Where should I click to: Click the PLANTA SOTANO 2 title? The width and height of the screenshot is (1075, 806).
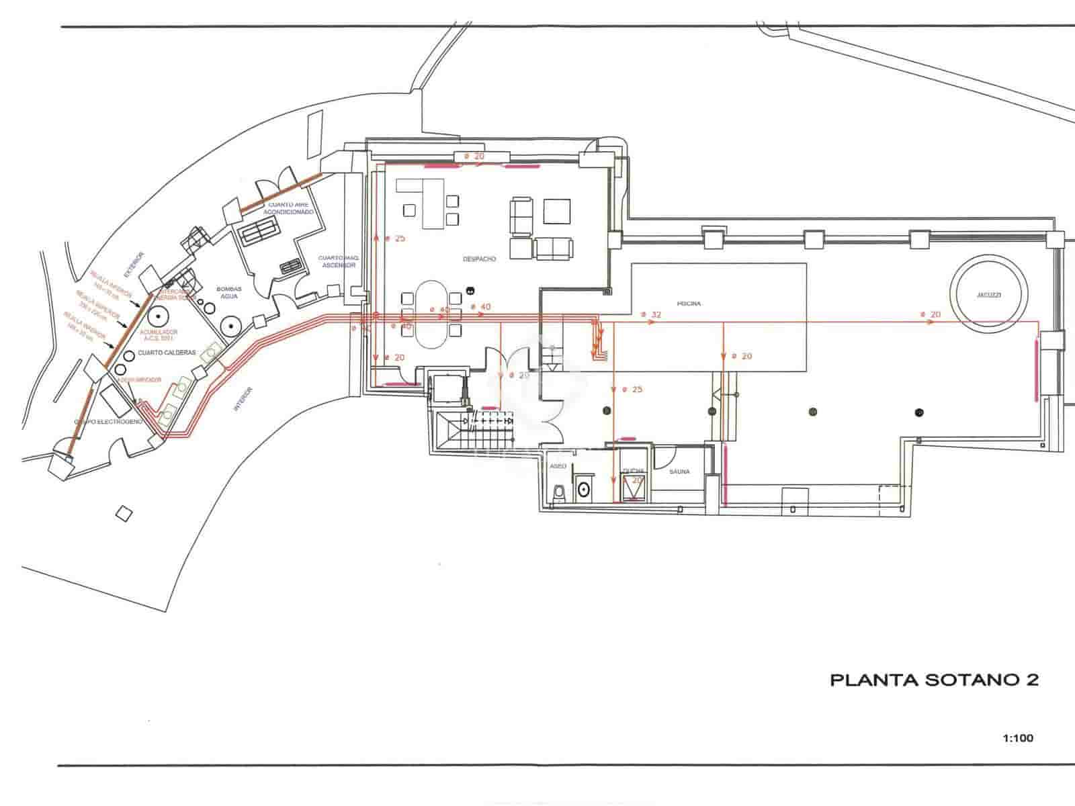click(x=935, y=680)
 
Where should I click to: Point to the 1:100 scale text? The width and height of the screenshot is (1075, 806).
click(x=1018, y=738)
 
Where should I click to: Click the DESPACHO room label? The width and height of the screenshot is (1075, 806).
click(x=479, y=259)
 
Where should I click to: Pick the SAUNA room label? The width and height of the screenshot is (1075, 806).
click(x=679, y=472)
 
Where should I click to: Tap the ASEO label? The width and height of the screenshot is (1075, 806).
click(x=558, y=465)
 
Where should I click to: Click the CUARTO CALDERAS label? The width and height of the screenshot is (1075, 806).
click(x=166, y=352)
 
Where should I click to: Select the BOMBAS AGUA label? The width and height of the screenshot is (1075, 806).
click(x=228, y=292)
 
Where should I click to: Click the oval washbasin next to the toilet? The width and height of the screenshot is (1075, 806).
click(x=583, y=489)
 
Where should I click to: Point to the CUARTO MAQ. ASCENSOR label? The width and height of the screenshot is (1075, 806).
click(x=338, y=261)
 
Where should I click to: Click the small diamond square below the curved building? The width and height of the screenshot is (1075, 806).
click(x=124, y=514)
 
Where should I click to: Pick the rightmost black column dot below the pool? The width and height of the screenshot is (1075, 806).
click(x=919, y=412)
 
